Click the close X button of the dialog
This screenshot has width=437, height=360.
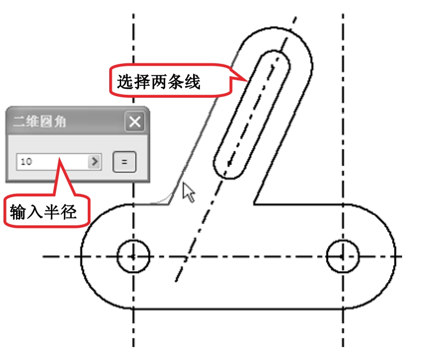pyautogui.click(x=135, y=122)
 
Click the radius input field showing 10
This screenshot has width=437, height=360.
pyautogui.click(x=52, y=162)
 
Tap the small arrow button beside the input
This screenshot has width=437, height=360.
pyautogui.click(x=95, y=162)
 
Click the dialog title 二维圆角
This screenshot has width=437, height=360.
pyautogui.click(x=39, y=122)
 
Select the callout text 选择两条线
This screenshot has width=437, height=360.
pyautogui.click(x=159, y=82)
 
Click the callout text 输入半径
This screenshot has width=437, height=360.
pyautogui.click(x=43, y=212)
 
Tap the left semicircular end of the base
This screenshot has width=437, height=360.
pyautogui.click(x=81, y=256)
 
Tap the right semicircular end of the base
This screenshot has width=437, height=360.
pyautogui.click(x=395, y=256)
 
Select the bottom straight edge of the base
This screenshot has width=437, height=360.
pyautogui.click(x=238, y=309)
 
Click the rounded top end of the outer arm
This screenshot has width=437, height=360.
pyautogui.click(x=279, y=28)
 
